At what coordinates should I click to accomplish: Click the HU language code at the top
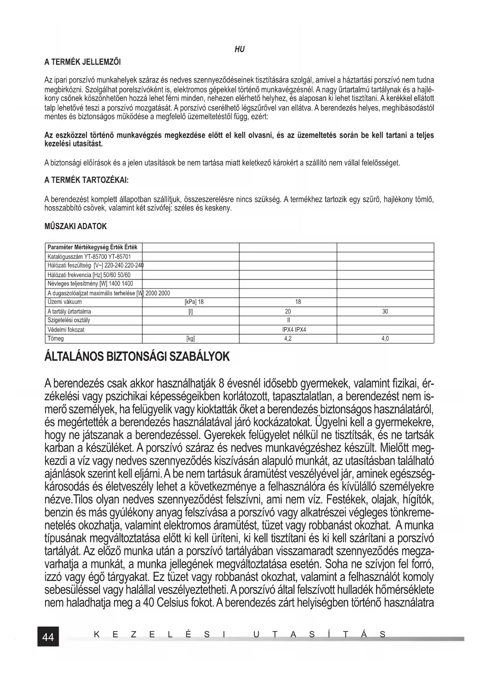(x=240, y=50)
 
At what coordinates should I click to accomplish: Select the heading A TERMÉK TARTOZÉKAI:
(x=86, y=180)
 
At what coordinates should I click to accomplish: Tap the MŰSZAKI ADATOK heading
(x=76, y=226)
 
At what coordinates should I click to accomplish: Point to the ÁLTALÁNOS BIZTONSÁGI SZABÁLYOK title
(x=137, y=357)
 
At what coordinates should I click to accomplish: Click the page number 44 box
(x=48, y=637)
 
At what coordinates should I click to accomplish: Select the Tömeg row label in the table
(x=56, y=339)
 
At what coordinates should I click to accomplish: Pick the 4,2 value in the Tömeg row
(x=288, y=339)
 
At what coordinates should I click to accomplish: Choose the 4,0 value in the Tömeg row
(x=385, y=339)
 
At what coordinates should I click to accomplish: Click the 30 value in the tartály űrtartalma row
(x=385, y=311)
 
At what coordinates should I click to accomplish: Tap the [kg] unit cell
(x=190, y=339)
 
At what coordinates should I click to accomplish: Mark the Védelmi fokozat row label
(x=66, y=330)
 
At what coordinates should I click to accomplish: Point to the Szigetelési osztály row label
(x=68, y=320)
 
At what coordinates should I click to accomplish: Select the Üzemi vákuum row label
(x=65, y=302)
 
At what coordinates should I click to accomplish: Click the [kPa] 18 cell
(x=194, y=302)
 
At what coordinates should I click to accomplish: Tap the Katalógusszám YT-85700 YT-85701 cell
(x=89, y=257)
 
